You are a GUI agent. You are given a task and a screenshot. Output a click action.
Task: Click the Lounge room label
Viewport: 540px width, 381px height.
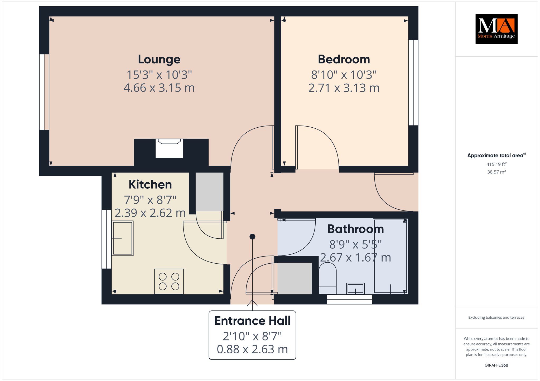coord(159,59)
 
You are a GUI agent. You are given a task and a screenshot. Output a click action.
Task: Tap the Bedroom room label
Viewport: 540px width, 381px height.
coord(344,59)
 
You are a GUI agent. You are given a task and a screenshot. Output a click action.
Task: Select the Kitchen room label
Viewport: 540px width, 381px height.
coord(150,184)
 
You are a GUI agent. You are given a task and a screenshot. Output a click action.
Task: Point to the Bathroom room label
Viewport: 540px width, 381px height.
coord(355,229)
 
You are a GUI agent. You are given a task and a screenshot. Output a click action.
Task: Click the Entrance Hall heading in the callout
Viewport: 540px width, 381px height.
coord(252,321)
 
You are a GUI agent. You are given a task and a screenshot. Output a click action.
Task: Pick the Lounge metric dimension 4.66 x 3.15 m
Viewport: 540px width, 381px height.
coord(159,88)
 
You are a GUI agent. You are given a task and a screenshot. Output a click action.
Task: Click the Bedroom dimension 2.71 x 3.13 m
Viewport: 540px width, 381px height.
coord(344,88)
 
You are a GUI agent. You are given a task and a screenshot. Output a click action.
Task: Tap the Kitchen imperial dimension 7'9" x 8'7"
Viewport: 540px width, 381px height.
coord(150,200)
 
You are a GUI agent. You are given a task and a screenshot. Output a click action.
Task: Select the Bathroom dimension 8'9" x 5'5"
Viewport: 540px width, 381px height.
coord(355,245)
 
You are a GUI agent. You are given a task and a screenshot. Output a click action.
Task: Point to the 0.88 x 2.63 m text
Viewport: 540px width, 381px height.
coord(252,349)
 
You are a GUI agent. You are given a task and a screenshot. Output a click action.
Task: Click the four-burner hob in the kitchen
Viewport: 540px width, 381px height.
coord(169,281)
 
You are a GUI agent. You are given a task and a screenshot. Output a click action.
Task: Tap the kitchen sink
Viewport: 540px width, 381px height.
coord(123,238)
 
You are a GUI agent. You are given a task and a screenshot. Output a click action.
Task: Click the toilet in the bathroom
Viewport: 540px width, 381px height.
coord(327,278)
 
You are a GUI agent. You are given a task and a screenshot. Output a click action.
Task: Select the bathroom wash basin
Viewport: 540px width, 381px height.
coord(355,289)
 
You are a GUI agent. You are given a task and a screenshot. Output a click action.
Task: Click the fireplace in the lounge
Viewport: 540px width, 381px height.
coord(169,149)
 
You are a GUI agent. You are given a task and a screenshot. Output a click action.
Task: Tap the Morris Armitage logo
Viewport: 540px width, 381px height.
coord(496,29)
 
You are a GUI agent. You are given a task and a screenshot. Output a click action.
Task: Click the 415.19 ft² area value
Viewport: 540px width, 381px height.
coord(496,164)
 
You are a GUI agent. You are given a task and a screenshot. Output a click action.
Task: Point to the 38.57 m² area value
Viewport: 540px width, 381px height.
coord(496,172)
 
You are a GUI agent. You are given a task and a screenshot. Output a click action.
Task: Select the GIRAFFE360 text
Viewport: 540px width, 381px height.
coord(496,365)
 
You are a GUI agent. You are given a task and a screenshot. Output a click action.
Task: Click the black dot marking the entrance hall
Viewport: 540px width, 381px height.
coord(252,237)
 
